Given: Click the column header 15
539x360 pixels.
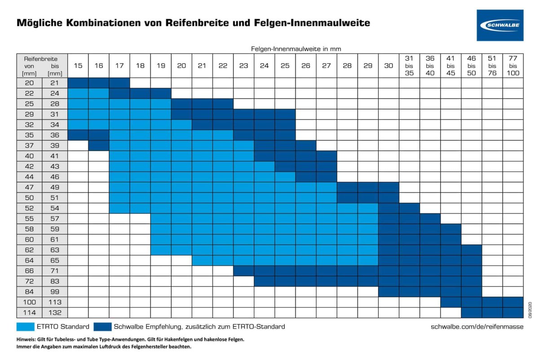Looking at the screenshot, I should pos(78,66).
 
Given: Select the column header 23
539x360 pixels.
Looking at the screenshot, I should pos(243,66).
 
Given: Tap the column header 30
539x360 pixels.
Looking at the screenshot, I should pos(388,66).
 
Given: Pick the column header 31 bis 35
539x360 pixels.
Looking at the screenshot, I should pos(409,66).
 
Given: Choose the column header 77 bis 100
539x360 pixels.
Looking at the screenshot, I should pos(512,66).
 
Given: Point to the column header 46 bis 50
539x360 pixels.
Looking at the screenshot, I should pos(471,66).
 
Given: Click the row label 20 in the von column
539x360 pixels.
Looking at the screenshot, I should pos(29,83).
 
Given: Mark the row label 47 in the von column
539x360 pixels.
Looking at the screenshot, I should pos(29,187).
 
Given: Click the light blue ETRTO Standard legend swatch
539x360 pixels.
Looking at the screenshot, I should pos(32,326).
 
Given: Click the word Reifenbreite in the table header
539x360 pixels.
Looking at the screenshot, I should pos(42,58).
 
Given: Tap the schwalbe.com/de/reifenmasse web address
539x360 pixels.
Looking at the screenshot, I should pos(477,326).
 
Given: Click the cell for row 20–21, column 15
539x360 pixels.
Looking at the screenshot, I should pos(78,83).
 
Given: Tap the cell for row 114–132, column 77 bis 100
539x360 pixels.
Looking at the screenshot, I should pos(512,312).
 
